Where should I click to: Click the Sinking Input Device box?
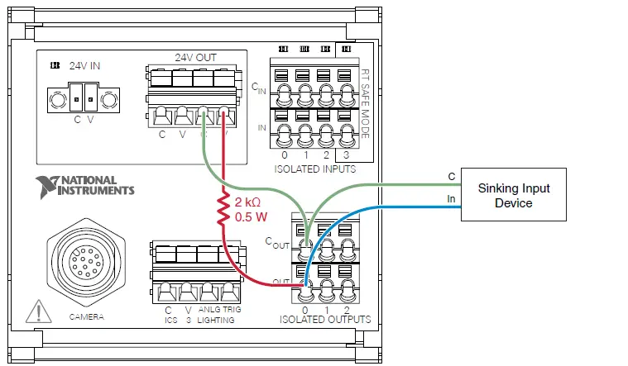[x=513, y=195]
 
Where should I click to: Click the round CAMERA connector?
[x=82, y=264]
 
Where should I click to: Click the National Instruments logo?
[x=85, y=186]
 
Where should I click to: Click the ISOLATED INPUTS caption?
[x=314, y=169]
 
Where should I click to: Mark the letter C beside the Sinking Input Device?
[x=451, y=176]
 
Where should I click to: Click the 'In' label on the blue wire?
[x=451, y=198]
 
